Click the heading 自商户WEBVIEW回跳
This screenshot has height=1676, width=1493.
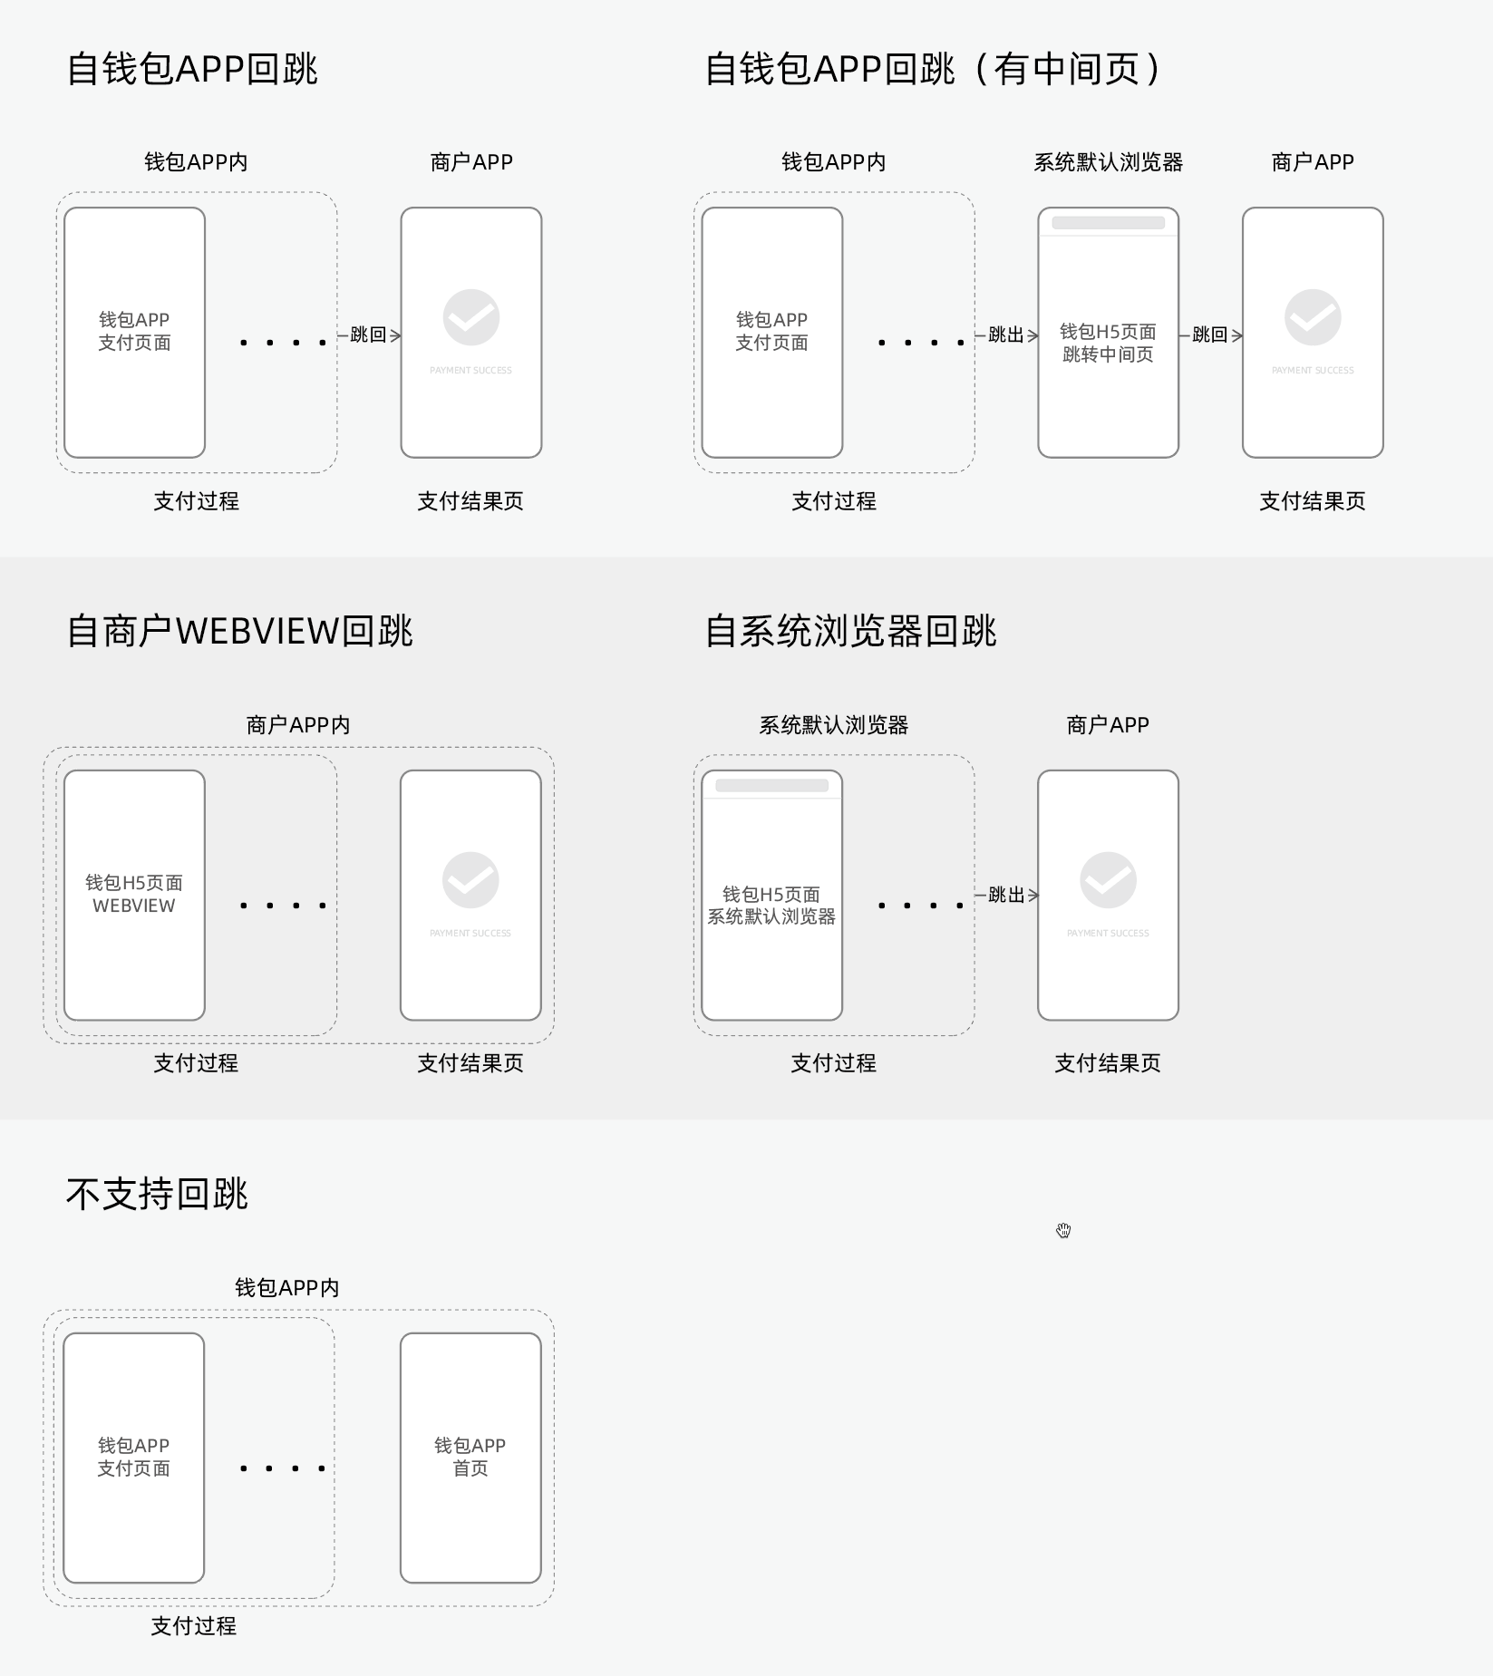click(x=239, y=631)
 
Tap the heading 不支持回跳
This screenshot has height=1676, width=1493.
click(x=157, y=1194)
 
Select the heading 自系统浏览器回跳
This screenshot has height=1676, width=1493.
click(x=850, y=631)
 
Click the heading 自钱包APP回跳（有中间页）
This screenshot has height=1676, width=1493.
click(x=933, y=69)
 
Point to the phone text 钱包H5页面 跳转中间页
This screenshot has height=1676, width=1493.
click(x=1108, y=343)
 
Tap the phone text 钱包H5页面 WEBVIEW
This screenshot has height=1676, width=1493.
click(x=134, y=894)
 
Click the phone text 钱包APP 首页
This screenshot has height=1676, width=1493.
click(x=470, y=1457)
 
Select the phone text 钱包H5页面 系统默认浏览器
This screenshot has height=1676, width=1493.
click(x=771, y=906)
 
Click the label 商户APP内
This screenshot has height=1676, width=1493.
click(x=297, y=725)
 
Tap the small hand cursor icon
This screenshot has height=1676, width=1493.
click(x=1063, y=1230)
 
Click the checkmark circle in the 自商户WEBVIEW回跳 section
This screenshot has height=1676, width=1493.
click(x=470, y=880)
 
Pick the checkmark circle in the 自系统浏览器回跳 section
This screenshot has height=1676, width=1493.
click(x=1108, y=880)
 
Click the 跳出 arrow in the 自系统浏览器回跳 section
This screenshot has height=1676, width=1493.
click(x=1006, y=896)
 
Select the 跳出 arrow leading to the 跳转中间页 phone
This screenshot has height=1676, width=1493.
click(x=1006, y=334)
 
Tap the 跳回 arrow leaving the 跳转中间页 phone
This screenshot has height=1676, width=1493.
click(x=1210, y=334)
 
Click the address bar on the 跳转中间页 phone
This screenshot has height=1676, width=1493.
click(x=1108, y=223)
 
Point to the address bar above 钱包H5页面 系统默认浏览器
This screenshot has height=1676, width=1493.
click(x=771, y=786)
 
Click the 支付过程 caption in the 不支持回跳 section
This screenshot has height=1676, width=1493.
click(x=193, y=1626)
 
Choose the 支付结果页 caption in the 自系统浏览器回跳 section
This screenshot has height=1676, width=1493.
click(x=1108, y=1063)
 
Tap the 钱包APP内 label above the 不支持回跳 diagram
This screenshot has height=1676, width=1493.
click(x=286, y=1288)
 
